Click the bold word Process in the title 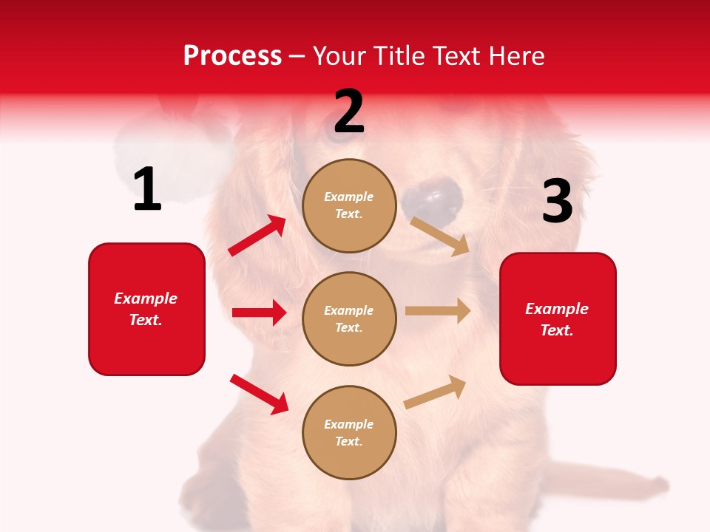pos(232,55)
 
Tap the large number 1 pos(147,190)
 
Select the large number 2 pos(349,112)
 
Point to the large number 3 pos(557,202)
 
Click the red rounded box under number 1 pos(146,309)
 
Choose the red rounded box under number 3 pos(558,318)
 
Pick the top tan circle pos(349,205)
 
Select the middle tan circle pos(349,318)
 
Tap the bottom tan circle pos(349,432)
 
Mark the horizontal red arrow pos(259,313)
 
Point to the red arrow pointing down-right pos(259,394)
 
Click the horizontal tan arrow pos(438,310)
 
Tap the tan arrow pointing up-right pos(435,392)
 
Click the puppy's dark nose pos(433,197)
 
